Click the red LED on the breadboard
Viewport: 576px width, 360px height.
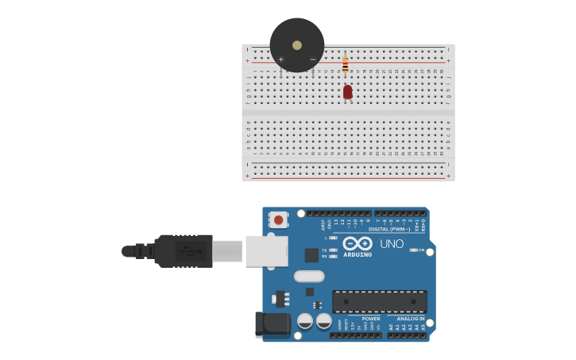coord(347,92)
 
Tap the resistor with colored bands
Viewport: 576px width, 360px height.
coord(345,64)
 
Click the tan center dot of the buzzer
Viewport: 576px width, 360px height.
coord(297,45)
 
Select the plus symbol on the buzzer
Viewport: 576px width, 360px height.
coord(281,60)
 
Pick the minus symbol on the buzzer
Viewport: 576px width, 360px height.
coord(312,60)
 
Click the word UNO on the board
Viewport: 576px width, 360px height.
coord(392,244)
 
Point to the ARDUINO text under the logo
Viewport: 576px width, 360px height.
coord(358,255)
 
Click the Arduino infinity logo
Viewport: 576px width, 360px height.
coord(358,243)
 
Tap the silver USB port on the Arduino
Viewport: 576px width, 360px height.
coord(266,250)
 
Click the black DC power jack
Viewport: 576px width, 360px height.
coord(273,323)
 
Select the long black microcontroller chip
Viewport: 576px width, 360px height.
coord(379,301)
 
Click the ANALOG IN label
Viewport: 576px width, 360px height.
coord(411,319)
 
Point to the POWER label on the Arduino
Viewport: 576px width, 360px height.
coord(371,319)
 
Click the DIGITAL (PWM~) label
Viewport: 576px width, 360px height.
coord(389,229)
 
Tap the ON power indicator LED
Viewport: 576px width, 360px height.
coord(415,250)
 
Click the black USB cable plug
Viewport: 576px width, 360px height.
coord(184,251)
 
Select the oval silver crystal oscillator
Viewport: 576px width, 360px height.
coord(309,277)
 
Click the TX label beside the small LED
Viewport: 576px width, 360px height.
coord(324,250)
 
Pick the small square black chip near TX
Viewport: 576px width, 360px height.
coord(311,255)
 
